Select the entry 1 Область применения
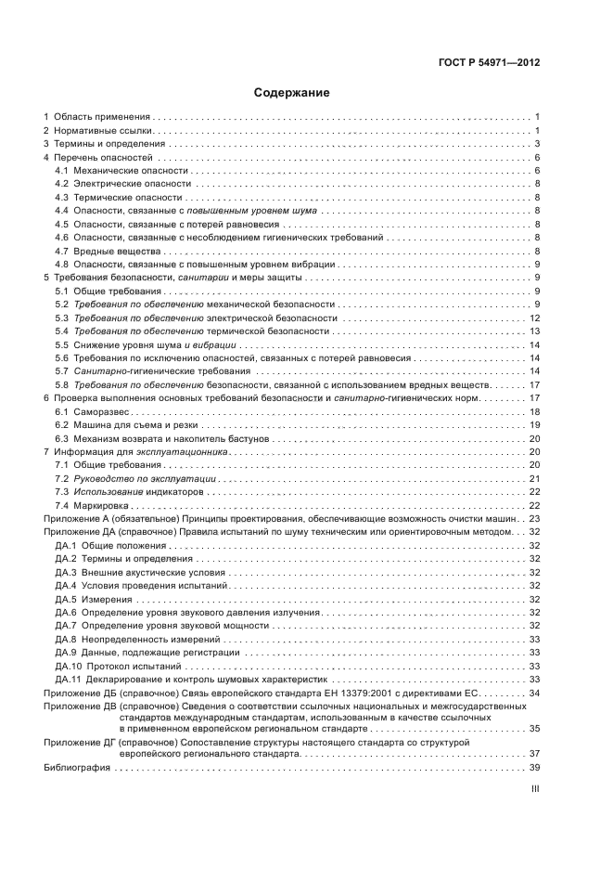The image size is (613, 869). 100,117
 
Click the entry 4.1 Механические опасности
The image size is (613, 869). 121,171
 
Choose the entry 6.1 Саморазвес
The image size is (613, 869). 100,411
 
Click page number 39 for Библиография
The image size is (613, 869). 533,767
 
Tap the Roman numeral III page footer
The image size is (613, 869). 534,790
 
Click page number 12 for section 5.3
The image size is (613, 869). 533,318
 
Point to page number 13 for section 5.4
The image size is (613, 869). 533,331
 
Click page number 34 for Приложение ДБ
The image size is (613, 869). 533,693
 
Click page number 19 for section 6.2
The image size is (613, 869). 533,424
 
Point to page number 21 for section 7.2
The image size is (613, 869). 533,478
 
